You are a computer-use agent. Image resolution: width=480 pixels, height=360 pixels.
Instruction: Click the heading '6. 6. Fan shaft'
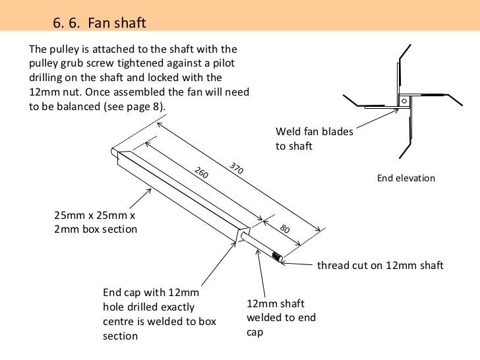click(98, 24)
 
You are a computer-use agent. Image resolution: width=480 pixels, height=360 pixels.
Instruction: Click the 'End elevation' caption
click(406, 178)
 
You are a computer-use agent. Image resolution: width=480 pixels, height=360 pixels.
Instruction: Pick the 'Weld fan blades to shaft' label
click(315, 138)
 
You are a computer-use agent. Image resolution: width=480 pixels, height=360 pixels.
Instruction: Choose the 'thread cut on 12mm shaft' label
click(381, 266)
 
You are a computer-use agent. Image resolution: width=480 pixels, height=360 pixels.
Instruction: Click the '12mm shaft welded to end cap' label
click(281, 318)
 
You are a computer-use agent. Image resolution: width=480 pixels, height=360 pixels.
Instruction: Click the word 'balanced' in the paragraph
click(74, 107)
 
